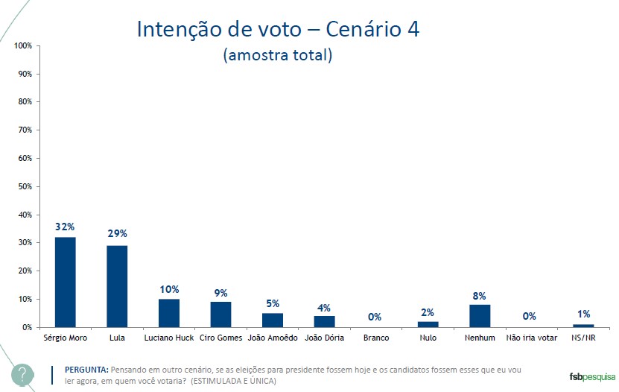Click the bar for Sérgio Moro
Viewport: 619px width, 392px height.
pos(65,282)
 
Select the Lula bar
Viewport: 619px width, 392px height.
pos(117,286)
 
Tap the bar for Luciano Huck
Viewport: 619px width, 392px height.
pos(169,313)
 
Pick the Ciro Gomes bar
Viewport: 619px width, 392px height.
pos(220,314)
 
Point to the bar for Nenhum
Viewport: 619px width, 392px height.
pos(480,316)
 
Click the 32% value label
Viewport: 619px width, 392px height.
pos(65,227)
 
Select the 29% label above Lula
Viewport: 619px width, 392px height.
pos(117,235)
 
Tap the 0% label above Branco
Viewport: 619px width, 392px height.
pos(375,317)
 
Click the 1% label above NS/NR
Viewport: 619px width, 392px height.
pos(583,314)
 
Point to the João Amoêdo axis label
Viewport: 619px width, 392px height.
pos(273,338)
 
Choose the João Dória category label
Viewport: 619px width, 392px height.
pos(325,338)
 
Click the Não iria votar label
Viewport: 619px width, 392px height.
pos(531,338)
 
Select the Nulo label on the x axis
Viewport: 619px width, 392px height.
pos(428,338)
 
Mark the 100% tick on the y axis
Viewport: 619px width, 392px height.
pos(22,46)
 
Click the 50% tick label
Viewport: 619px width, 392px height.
pos(23,186)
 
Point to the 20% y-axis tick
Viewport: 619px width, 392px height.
pos(23,271)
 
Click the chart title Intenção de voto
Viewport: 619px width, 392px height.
pos(278,29)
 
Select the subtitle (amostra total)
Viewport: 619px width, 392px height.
pos(277,56)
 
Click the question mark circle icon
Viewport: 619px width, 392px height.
pos(22,373)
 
